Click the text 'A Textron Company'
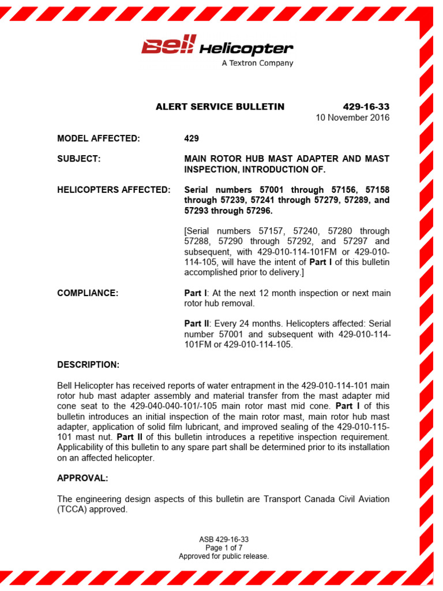[x=257, y=63]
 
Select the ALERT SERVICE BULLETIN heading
[x=220, y=107]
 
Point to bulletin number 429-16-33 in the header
[x=366, y=107]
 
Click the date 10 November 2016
[x=352, y=118]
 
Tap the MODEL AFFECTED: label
[x=99, y=139]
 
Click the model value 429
[x=192, y=139]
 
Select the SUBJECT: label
[x=79, y=159]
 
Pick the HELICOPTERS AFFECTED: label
[x=114, y=190]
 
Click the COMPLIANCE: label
[x=88, y=293]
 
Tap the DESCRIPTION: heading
[x=88, y=365]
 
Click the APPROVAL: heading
[x=82, y=478]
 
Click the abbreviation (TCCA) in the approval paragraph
[x=72, y=510]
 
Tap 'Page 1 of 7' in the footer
[x=224, y=548]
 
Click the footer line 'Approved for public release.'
[x=224, y=556]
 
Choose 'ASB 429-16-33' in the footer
[x=224, y=540]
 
